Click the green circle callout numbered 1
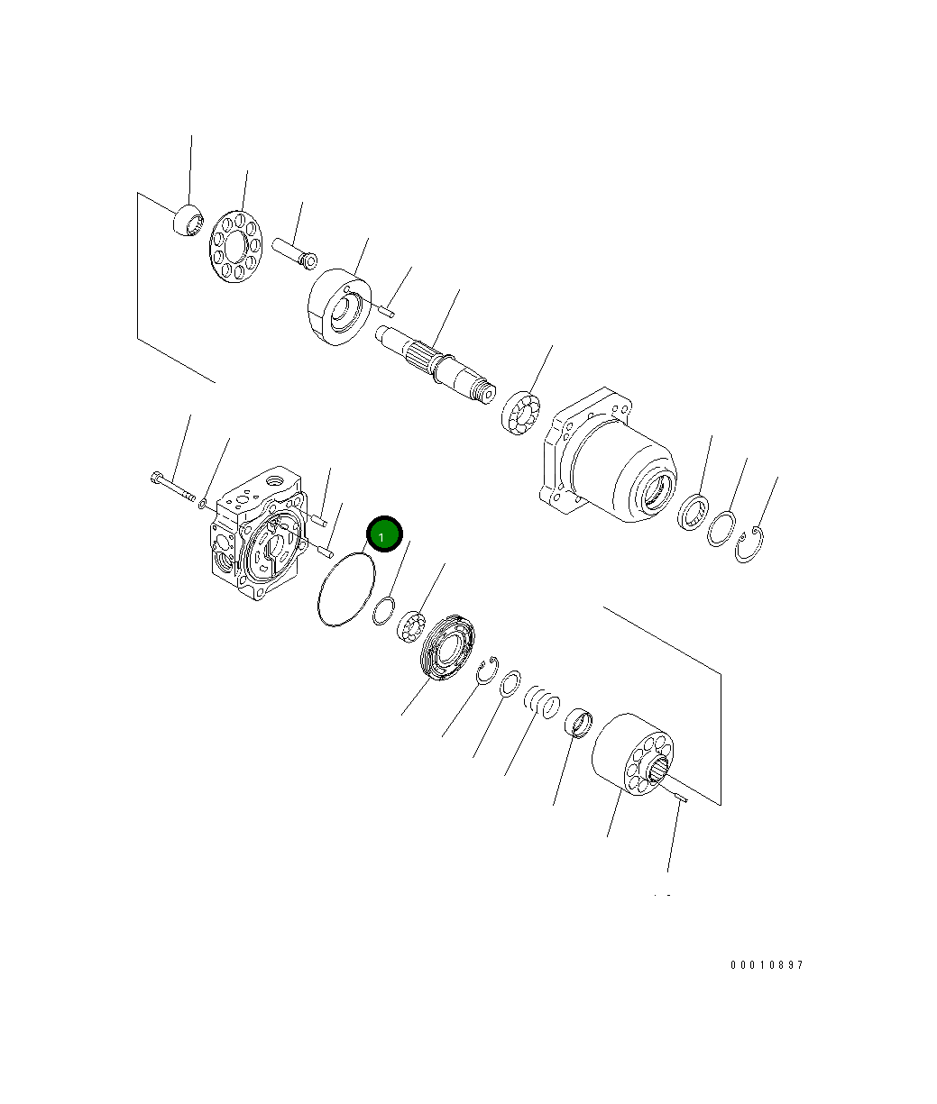click(x=383, y=535)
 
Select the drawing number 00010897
click(x=766, y=965)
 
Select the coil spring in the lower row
click(x=543, y=700)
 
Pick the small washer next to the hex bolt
click(x=203, y=501)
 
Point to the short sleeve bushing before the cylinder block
click(x=577, y=722)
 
